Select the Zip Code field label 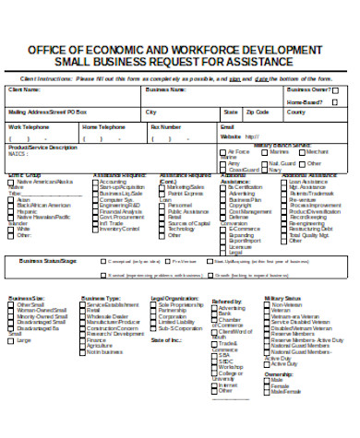257,112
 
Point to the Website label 232,136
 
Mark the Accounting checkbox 94,182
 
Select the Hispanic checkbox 13,210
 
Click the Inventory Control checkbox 94,229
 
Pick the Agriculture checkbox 84,345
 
